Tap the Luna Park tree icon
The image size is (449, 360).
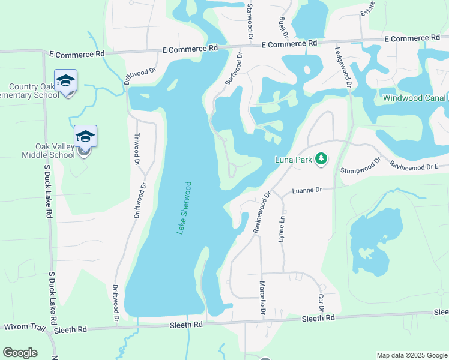coord(322,159)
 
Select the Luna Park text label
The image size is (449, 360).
coord(293,160)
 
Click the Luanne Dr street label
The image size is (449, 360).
coord(307,190)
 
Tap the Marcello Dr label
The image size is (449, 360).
coord(262,297)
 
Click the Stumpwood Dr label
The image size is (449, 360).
coord(361,166)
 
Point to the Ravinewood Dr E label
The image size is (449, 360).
coord(418,165)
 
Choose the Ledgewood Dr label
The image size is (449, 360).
coord(343,68)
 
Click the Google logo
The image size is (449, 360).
coord(20,353)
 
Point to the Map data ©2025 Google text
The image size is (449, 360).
coord(411,355)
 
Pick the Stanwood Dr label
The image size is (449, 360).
coord(249,21)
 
